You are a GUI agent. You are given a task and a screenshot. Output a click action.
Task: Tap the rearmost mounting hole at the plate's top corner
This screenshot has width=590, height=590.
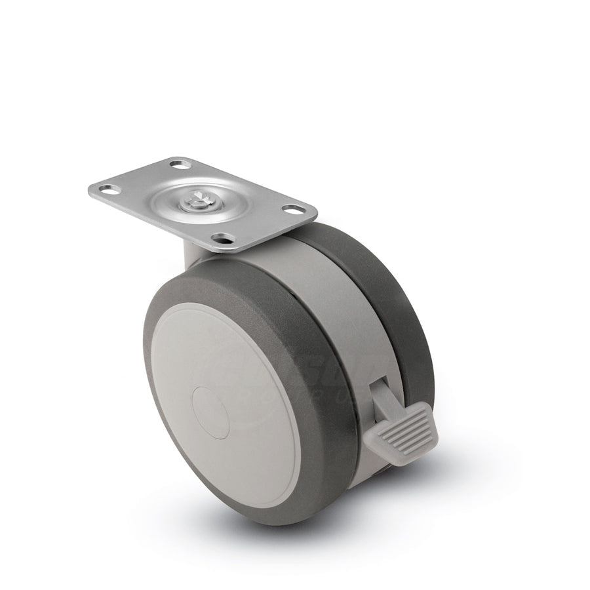coord(176,163)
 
